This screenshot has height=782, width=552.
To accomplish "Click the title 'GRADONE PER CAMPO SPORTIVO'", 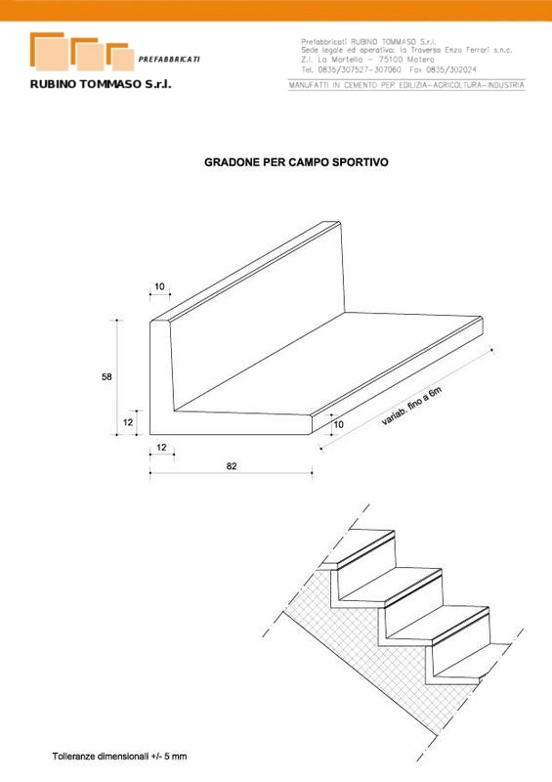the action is pyautogui.click(x=296, y=162).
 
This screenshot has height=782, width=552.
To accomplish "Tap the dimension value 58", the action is pyautogui.click(x=106, y=377).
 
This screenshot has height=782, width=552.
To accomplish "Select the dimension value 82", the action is pyautogui.click(x=232, y=466).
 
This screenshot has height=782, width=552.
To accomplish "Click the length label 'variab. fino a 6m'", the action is pyautogui.click(x=412, y=406).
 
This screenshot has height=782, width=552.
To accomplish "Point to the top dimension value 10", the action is pyautogui.click(x=159, y=286).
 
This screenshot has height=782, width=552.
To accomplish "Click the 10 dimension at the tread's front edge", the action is pyautogui.click(x=339, y=425).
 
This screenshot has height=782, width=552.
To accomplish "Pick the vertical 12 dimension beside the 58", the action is pyautogui.click(x=128, y=422).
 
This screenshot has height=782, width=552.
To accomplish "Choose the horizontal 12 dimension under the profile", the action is pyautogui.click(x=161, y=448).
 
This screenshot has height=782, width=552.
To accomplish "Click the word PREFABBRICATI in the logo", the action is pyautogui.click(x=169, y=60).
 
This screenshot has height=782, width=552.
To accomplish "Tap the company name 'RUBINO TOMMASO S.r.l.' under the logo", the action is pyautogui.click(x=101, y=84).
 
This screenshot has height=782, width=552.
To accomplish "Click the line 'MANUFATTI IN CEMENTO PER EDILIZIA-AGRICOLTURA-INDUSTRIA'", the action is pyautogui.click(x=406, y=85).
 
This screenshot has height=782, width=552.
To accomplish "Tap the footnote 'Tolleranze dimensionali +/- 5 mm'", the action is pyautogui.click(x=119, y=757).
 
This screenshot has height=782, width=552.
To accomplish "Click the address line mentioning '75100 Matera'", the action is pyautogui.click(x=368, y=60).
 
